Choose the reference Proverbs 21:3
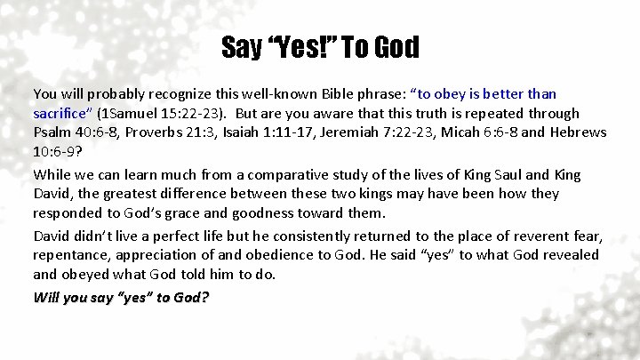coord(168,132)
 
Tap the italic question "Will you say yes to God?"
coord(121,297)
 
